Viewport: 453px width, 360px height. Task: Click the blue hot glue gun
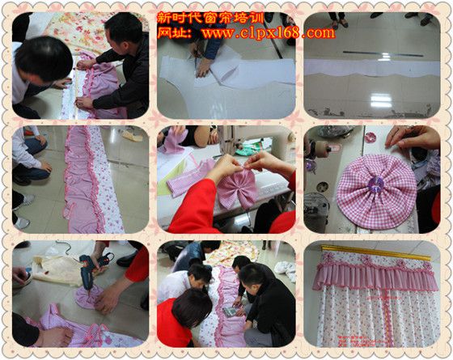pos(92,269)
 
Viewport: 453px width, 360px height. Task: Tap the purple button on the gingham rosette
pos(376,184)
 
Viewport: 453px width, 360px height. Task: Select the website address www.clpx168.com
pos(269,33)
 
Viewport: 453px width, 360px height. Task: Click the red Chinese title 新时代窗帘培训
pos(210,18)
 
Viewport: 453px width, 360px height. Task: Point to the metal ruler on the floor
pos(383,53)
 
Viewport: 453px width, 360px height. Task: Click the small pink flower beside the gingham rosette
pos(370,138)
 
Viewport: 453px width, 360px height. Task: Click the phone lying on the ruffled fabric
pos(230,311)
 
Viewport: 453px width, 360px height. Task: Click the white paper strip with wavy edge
pos(372,68)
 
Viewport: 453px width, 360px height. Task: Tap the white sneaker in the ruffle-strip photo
pos(23,223)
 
